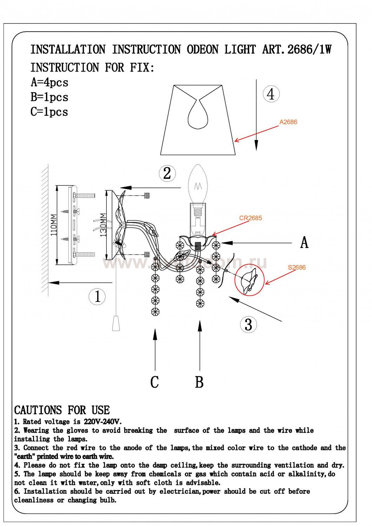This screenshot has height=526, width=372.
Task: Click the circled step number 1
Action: coord(97,297)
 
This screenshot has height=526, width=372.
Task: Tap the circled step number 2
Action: coord(167,173)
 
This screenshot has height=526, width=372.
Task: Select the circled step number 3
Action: coord(248,324)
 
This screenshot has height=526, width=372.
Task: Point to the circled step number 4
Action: coord(271,94)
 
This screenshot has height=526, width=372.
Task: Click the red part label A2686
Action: coord(288,122)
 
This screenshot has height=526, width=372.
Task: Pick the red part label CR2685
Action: coord(251,218)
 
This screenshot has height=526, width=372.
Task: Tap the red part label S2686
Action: coord(297,267)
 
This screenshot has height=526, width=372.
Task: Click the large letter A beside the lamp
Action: coord(304,242)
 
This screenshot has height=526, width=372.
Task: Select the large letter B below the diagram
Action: coord(199,382)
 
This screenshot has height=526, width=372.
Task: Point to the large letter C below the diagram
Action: coord(154,382)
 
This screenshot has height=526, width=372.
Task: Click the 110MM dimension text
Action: coord(53,224)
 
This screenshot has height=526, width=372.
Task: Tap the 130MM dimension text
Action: coord(103,225)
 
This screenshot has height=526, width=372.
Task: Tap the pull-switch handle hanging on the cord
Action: coord(116,323)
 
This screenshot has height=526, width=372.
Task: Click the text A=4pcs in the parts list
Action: coord(49,82)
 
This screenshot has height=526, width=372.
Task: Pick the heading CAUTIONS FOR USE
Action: coord(62,410)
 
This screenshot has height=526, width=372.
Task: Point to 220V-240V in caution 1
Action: coord(102,422)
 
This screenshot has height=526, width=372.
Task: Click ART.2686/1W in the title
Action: coord(297,49)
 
